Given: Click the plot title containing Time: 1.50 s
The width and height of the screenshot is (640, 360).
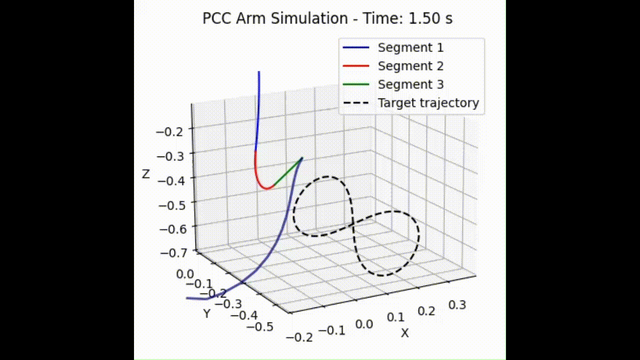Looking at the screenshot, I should tap(327, 19).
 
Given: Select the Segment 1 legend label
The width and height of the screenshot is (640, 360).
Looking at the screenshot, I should tap(410, 48).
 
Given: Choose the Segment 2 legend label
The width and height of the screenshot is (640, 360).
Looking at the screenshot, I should tap(410, 66).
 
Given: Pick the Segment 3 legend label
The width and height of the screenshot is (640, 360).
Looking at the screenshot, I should tap(410, 84).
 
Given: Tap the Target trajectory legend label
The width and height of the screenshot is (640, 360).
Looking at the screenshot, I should tap(428, 103).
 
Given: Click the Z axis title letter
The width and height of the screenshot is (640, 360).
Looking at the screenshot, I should tap(146, 174).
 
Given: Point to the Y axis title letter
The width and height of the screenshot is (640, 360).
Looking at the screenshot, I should tap(207, 313).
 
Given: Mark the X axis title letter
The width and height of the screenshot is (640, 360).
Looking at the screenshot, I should tap(404, 333).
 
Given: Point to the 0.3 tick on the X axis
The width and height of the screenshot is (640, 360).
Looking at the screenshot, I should tap(457, 305).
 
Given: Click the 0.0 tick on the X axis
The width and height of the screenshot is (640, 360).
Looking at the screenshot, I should tap(363, 324).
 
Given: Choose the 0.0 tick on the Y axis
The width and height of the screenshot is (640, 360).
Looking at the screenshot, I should tap(184, 274).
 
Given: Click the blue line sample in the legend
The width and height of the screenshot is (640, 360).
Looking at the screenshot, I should tap(355, 48).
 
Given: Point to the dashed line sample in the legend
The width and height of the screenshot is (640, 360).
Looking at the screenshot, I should tap(355, 103).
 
